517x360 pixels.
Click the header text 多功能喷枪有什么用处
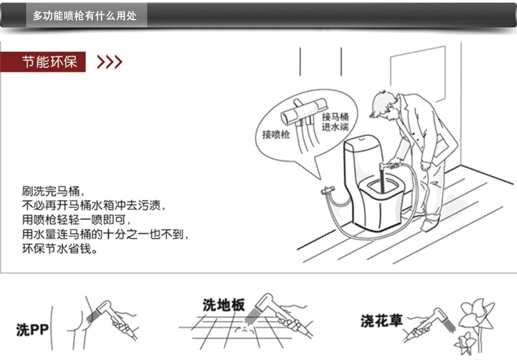pyautogui.click(x=84, y=16)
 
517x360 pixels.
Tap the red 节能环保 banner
pyautogui.click(x=50, y=62)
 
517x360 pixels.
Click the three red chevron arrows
pyautogui.click(x=109, y=62)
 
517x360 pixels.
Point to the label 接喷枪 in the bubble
pyautogui.click(x=276, y=135)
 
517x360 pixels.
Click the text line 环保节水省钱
pyautogui.click(x=59, y=249)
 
